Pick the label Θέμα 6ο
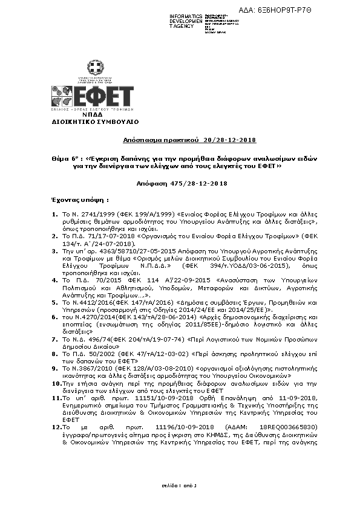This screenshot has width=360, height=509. pyautogui.click(x=65, y=157)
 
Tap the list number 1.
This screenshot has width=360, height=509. pyautogui.click(x=54, y=215)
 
